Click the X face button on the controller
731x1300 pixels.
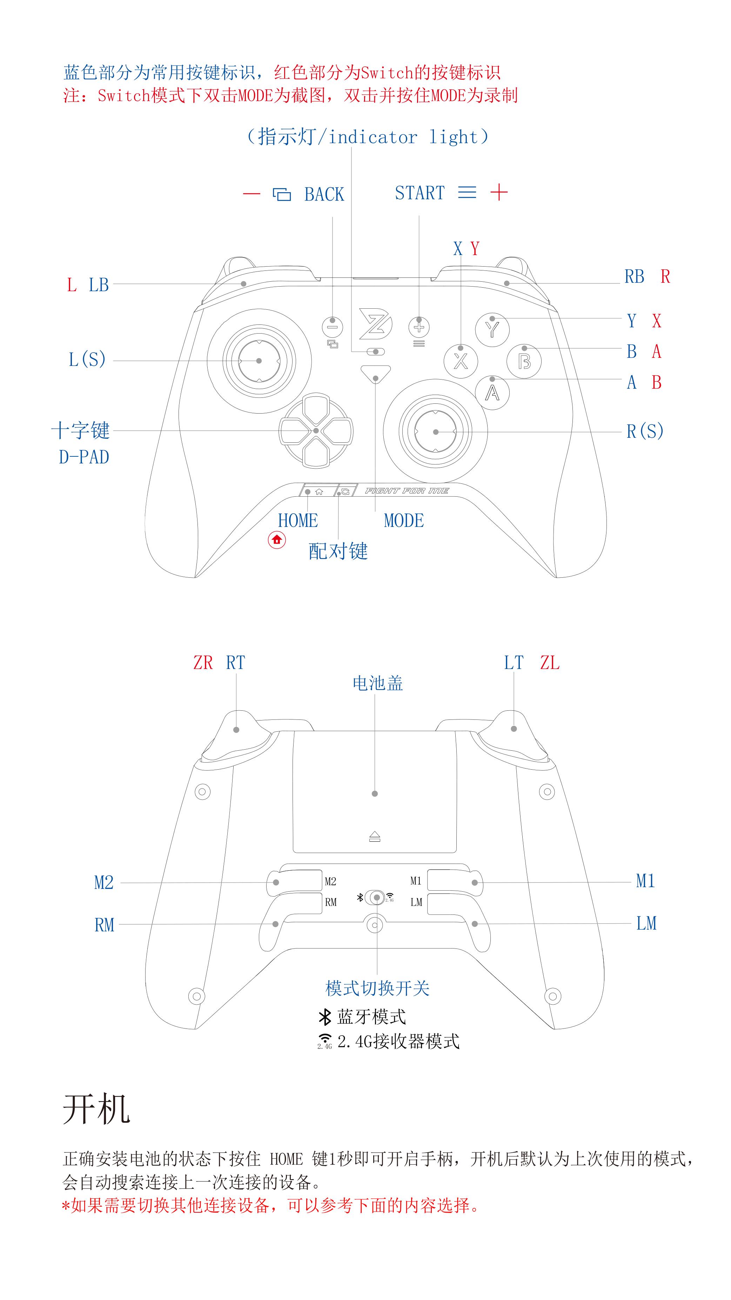[461, 360]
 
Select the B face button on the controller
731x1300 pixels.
[524, 361]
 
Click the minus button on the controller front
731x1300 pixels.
[333, 327]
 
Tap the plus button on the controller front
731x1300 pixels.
[419, 327]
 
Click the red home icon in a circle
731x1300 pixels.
[276, 540]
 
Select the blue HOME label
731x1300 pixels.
[298, 520]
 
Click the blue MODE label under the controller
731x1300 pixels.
[404, 520]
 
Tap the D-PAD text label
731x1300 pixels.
[84, 457]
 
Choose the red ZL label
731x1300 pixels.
[550, 663]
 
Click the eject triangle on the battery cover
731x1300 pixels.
[374, 837]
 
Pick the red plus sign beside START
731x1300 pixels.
[499, 192]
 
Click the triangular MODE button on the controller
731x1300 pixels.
[376, 374]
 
